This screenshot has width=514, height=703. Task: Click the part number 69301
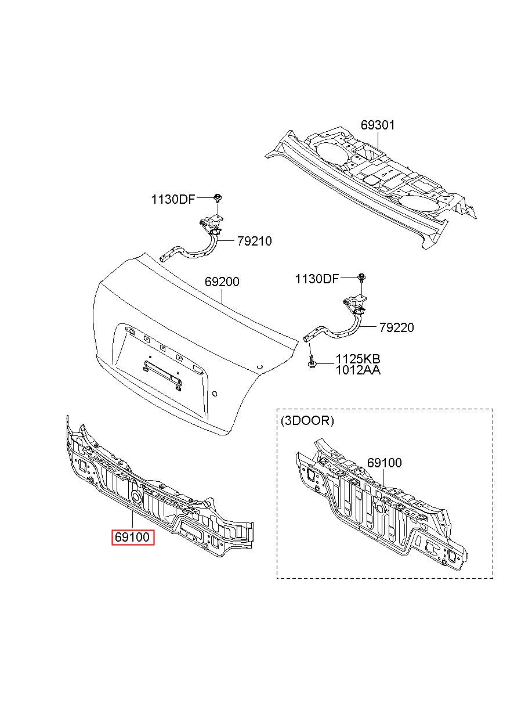pyautogui.click(x=377, y=125)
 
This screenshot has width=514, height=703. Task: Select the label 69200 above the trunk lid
pyautogui.click(x=222, y=282)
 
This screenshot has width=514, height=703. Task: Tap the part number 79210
pyautogui.click(x=254, y=241)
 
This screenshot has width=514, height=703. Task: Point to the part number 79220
pyautogui.click(x=397, y=327)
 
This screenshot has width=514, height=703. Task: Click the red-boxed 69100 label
pyautogui.click(x=132, y=537)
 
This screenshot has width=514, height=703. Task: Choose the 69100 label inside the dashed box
pyautogui.click(x=384, y=463)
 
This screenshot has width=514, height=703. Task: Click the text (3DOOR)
pyautogui.click(x=307, y=420)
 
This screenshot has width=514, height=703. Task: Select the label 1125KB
pyautogui.click(x=358, y=358)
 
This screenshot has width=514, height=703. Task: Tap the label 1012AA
pyautogui.click(x=358, y=370)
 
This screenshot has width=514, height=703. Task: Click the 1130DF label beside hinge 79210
pyautogui.click(x=173, y=199)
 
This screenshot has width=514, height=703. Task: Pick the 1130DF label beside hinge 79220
pyautogui.click(x=317, y=279)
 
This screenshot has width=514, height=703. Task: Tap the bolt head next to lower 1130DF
pyautogui.click(x=361, y=277)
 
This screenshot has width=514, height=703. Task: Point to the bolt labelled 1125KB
pyautogui.click(x=312, y=362)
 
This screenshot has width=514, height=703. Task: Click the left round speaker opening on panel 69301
pyautogui.click(x=331, y=152)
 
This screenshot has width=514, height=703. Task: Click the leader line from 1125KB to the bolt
pyautogui.click(x=324, y=364)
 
